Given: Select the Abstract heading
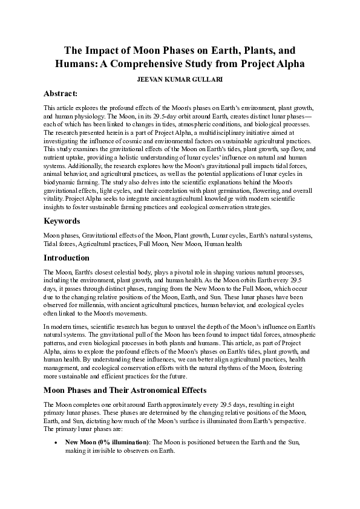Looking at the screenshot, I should pyautogui.click(x=61, y=94).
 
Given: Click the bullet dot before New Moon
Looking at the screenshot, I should pyautogui.click(x=56, y=443).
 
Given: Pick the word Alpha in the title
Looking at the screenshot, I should pyautogui.click(x=284, y=63).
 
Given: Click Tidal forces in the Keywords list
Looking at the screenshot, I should pyautogui.click(x=59, y=244).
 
